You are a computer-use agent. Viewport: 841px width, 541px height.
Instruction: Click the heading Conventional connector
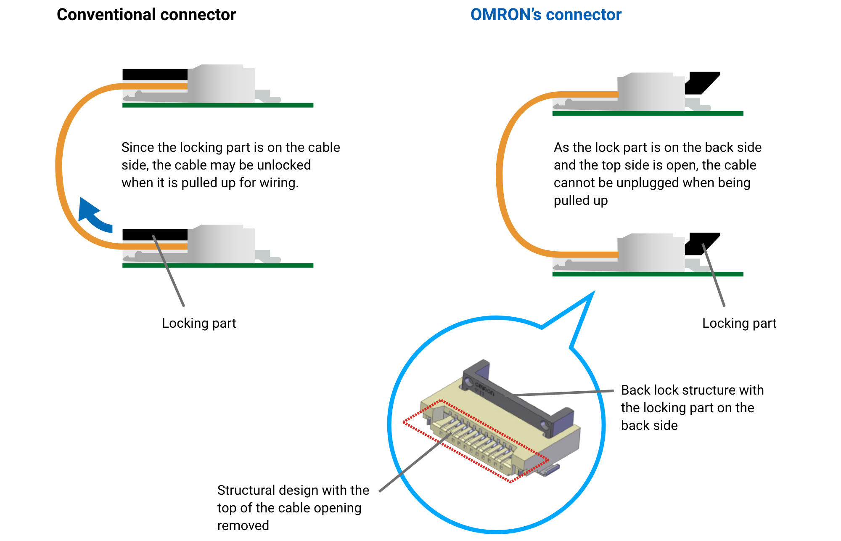point(146,15)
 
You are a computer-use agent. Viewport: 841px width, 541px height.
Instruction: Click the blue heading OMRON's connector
point(545,15)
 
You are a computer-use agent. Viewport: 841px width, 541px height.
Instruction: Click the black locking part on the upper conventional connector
point(154,74)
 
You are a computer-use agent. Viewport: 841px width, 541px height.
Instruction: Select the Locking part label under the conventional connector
point(198,323)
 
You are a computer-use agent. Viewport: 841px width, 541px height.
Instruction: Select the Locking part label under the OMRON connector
point(739,323)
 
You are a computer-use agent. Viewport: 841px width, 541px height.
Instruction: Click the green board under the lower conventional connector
point(217,265)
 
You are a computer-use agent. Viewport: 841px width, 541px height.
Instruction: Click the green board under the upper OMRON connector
point(648,113)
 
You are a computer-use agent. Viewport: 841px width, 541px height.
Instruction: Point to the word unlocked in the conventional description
point(284,165)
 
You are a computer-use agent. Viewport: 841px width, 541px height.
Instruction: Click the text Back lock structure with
point(692,390)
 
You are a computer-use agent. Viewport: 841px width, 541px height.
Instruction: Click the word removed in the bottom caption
point(243,525)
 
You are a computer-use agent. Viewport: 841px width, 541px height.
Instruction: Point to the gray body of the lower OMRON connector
point(650,252)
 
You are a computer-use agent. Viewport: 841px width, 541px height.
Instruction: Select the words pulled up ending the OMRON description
point(580,200)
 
